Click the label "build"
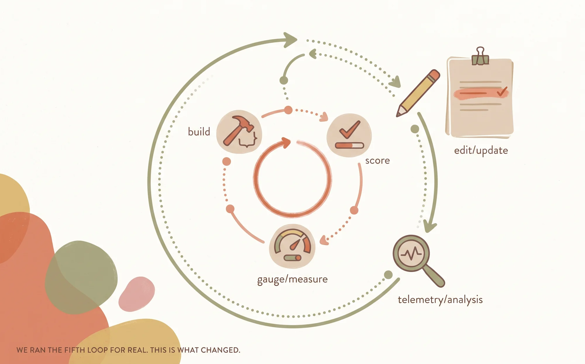click(x=199, y=132)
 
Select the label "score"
click(x=377, y=161)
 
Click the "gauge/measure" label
click(x=292, y=280)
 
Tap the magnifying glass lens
click(x=411, y=253)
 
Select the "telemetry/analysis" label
click(x=440, y=300)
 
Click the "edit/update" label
click(x=481, y=151)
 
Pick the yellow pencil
click(x=418, y=93)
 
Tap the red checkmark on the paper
click(x=502, y=91)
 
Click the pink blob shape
click(x=137, y=294)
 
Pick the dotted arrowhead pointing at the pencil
click(x=396, y=82)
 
